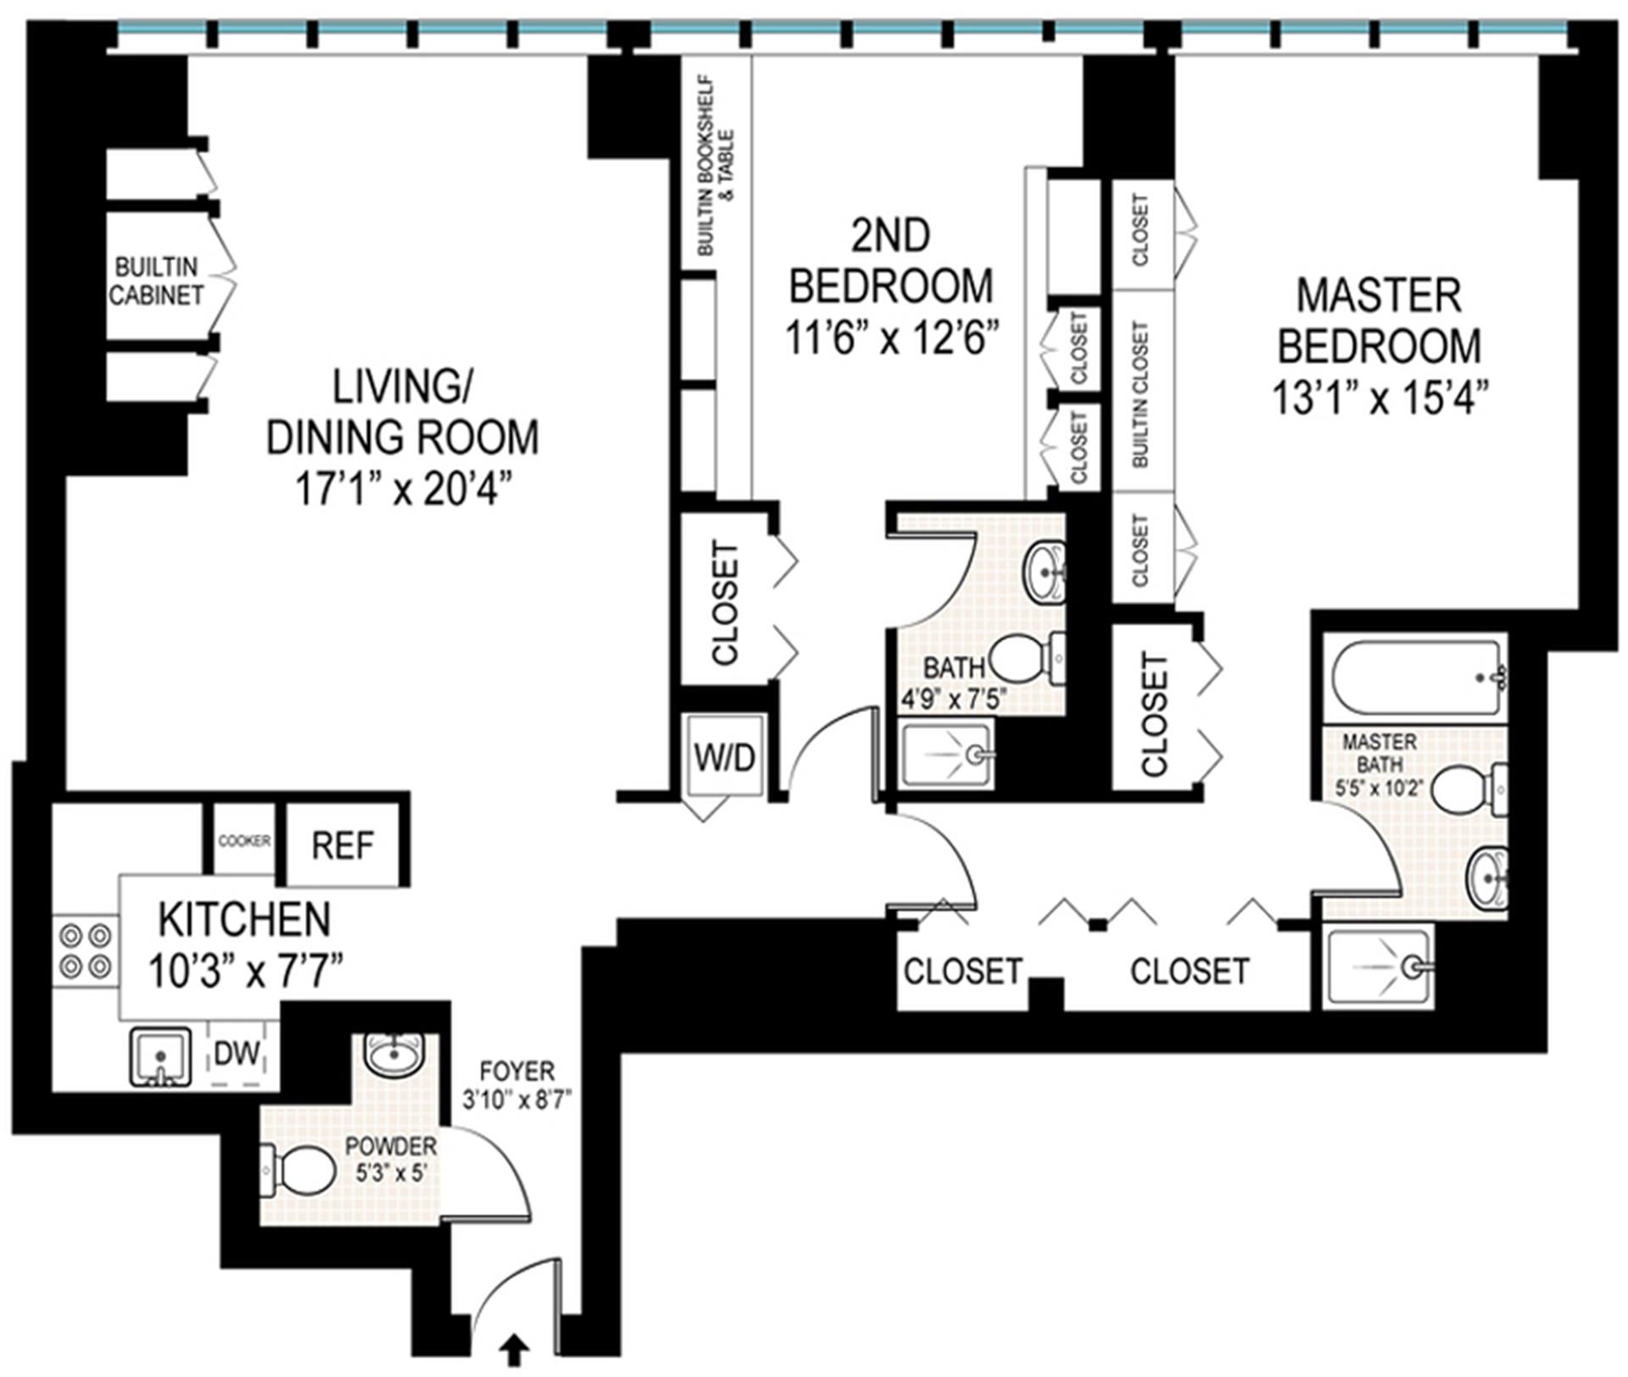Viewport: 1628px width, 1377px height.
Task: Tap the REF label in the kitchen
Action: coord(343,845)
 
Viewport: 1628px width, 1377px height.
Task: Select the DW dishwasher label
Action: coord(237,1054)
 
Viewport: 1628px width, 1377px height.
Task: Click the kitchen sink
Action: coord(159,1056)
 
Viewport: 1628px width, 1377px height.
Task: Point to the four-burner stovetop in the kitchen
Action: coord(86,951)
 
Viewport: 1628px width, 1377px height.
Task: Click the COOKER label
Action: coord(244,841)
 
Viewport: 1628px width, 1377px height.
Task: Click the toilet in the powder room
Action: coord(297,1170)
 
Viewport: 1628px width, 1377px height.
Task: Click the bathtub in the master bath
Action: coord(1415,677)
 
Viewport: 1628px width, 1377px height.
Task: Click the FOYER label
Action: coord(516,1070)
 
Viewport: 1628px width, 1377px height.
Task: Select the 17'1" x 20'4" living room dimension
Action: coord(404,490)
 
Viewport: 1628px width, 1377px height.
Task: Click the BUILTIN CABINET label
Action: coord(157,282)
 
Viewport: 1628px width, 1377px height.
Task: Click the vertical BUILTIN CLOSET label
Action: coord(1141,393)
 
